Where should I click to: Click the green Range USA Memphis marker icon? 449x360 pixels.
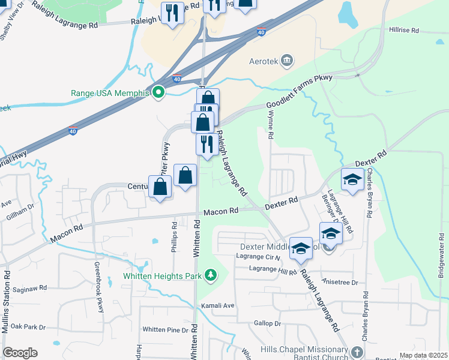[x=158, y=92]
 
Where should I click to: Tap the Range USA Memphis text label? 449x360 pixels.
[x=109, y=93]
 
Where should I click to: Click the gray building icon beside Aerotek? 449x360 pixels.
[x=287, y=61]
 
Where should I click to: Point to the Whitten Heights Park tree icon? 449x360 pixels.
[x=210, y=275]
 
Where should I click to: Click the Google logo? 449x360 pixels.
[x=20, y=353]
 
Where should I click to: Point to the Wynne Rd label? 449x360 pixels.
[x=271, y=128]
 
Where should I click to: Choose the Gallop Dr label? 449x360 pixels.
[x=268, y=323]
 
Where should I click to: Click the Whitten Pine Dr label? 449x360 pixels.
[x=165, y=329]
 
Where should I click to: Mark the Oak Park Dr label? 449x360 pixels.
[x=28, y=327]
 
